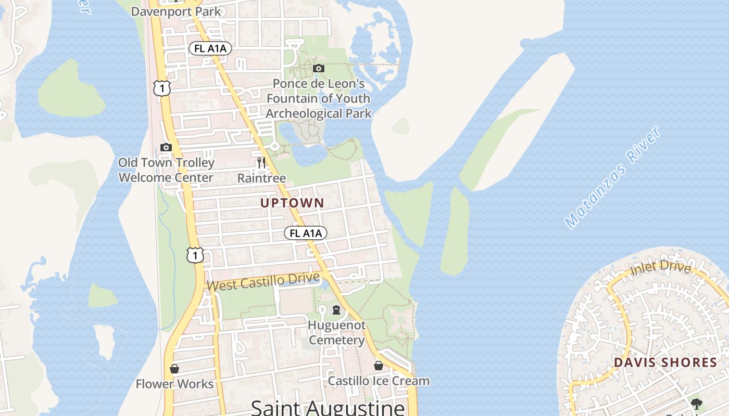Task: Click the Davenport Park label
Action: click(x=176, y=11)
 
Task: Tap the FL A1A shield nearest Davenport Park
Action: click(x=210, y=48)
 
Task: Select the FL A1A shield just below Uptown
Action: click(x=306, y=233)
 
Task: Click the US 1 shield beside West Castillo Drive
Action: click(x=195, y=255)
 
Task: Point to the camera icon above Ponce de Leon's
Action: click(x=319, y=68)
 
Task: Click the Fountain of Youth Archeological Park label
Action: click(x=319, y=98)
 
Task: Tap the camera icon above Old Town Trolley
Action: click(x=166, y=147)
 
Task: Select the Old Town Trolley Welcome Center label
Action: click(x=166, y=170)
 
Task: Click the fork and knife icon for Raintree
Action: click(x=261, y=163)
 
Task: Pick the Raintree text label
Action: click(x=261, y=178)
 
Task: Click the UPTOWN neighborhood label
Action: click(x=292, y=203)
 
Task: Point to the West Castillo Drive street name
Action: click(x=263, y=282)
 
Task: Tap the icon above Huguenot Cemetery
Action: click(x=336, y=310)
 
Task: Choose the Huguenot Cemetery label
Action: click(x=336, y=333)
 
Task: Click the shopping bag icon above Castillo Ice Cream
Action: click(x=379, y=366)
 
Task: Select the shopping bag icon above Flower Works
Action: click(x=174, y=369)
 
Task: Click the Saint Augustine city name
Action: click(x=328, y=407)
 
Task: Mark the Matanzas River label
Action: click(x=613, y=177)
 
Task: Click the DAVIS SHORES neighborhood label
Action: click(x=665, y=362)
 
